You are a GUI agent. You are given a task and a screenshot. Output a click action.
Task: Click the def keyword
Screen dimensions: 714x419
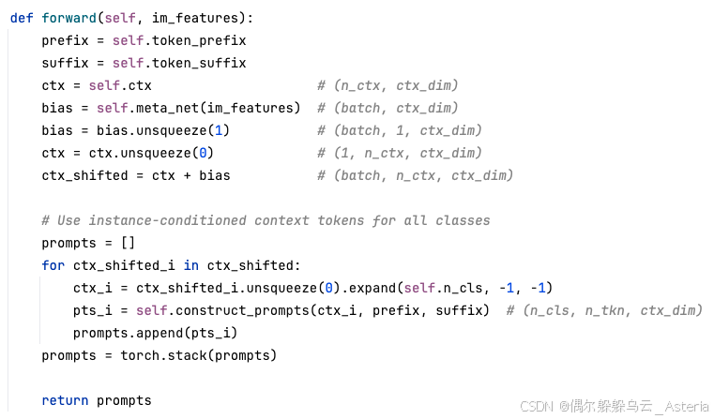pyautogui.click(x=22, y=18)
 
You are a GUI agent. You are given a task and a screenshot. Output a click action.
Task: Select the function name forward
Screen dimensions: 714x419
pyautogui.click(x=65, y=18)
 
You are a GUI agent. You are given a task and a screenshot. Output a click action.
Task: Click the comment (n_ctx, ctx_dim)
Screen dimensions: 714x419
pyautogui.click(x=387, y=85)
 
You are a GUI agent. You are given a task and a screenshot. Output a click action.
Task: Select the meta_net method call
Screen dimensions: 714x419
pyautogui.click(x=179, y=108)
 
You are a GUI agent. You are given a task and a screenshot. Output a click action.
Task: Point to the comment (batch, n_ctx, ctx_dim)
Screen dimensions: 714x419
pyautogui.click(x=415, y=175)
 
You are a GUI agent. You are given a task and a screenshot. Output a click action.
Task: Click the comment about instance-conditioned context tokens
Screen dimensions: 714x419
pyautogui.click(x=266, y=220)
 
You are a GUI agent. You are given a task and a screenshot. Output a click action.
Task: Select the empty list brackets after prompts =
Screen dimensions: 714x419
pyautogui.click(x=128, y=243)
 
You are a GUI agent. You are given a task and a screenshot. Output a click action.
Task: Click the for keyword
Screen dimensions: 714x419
pyautogui.click(x=53, y=265)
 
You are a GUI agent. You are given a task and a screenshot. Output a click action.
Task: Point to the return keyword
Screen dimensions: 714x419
pyautogui.click(x=65, y=400)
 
